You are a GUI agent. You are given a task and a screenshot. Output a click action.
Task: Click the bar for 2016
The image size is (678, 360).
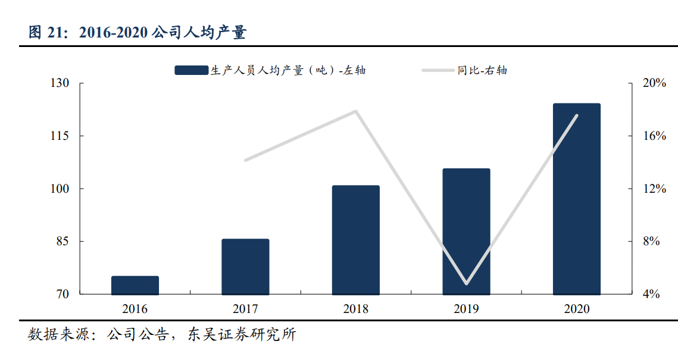click(135, 285)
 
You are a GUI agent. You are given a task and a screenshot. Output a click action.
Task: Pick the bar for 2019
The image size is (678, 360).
click(466, 231)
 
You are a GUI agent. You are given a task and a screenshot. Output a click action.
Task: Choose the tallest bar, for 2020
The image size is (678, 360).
click(576, 199)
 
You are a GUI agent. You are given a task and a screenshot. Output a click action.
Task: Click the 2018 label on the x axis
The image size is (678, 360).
click(355, 309)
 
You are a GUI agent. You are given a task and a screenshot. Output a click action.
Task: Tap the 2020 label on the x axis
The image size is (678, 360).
click(576, 309)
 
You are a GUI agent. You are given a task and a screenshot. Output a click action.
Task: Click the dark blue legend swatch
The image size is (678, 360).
click(191, 70)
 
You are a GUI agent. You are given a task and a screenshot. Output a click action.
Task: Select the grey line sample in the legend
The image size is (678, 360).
click(438, 70)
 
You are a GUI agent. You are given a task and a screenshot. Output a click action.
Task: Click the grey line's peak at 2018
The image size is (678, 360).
click(356, 111)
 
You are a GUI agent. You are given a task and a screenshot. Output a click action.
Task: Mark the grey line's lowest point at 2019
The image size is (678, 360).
click(466, 283)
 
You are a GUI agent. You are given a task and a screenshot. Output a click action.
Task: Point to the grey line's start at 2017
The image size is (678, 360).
click(245, 160)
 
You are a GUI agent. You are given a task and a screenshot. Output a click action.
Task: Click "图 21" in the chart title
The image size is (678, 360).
click(45, 33)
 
